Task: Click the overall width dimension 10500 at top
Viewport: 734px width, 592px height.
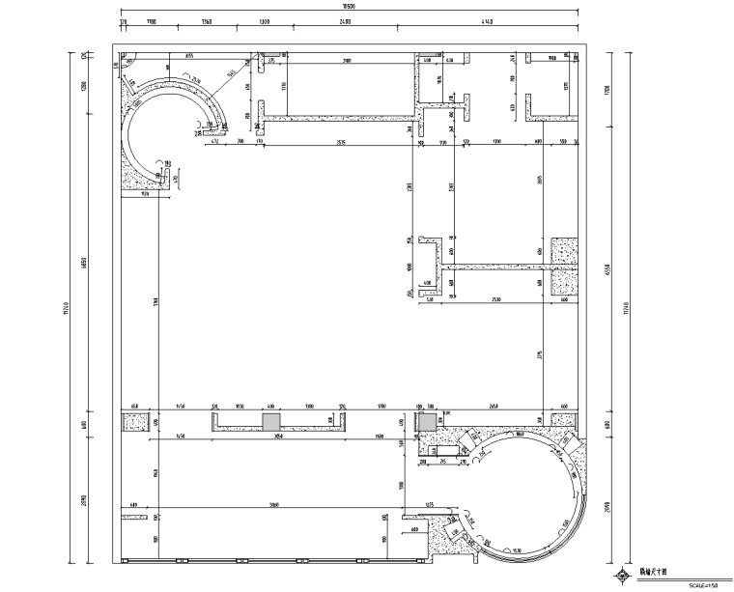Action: pyautogui.click(x=352, y=9)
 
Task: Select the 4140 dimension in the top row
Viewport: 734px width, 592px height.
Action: pyautogui.click(x=486, y=21)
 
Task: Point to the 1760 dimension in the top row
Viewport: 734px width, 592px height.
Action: pyautogui.click(x=207, y=21)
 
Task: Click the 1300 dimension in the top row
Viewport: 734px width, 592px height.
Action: pyautogui.click(x=265, y=21)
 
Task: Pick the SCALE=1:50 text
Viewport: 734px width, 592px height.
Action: pyautogui.click(x=702, y=584)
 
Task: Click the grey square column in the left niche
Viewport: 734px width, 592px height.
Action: pyautogui.click(x=271, y=422)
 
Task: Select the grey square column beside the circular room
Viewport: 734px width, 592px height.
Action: pyautogui.click(x=426, y=422)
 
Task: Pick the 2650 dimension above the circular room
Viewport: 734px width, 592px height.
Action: pyautogui.click(x=494, y=408)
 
